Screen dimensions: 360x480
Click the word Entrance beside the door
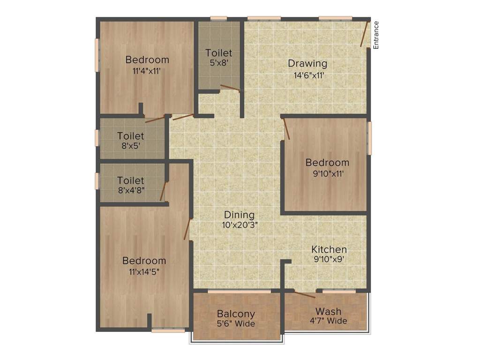click(x=375, y=35)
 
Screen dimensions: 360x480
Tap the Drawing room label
click(x=307, y=63)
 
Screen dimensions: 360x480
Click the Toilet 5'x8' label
click(x=218, y=53)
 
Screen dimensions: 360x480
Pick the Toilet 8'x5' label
click(x=131, y=136)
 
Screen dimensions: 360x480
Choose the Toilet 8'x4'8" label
click(x=131, y=180)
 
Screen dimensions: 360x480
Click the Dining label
click(x=239, y=215)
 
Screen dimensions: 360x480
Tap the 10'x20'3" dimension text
click(x=240, y=225)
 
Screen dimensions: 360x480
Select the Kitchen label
click(x=330, y=249)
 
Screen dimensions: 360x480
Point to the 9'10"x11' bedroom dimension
click(x=327, y=173)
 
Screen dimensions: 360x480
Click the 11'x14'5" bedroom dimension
click(x=144, y=272)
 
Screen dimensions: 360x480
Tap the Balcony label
click(x=236, y=314)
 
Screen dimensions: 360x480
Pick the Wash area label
click(x=328, y=311)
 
